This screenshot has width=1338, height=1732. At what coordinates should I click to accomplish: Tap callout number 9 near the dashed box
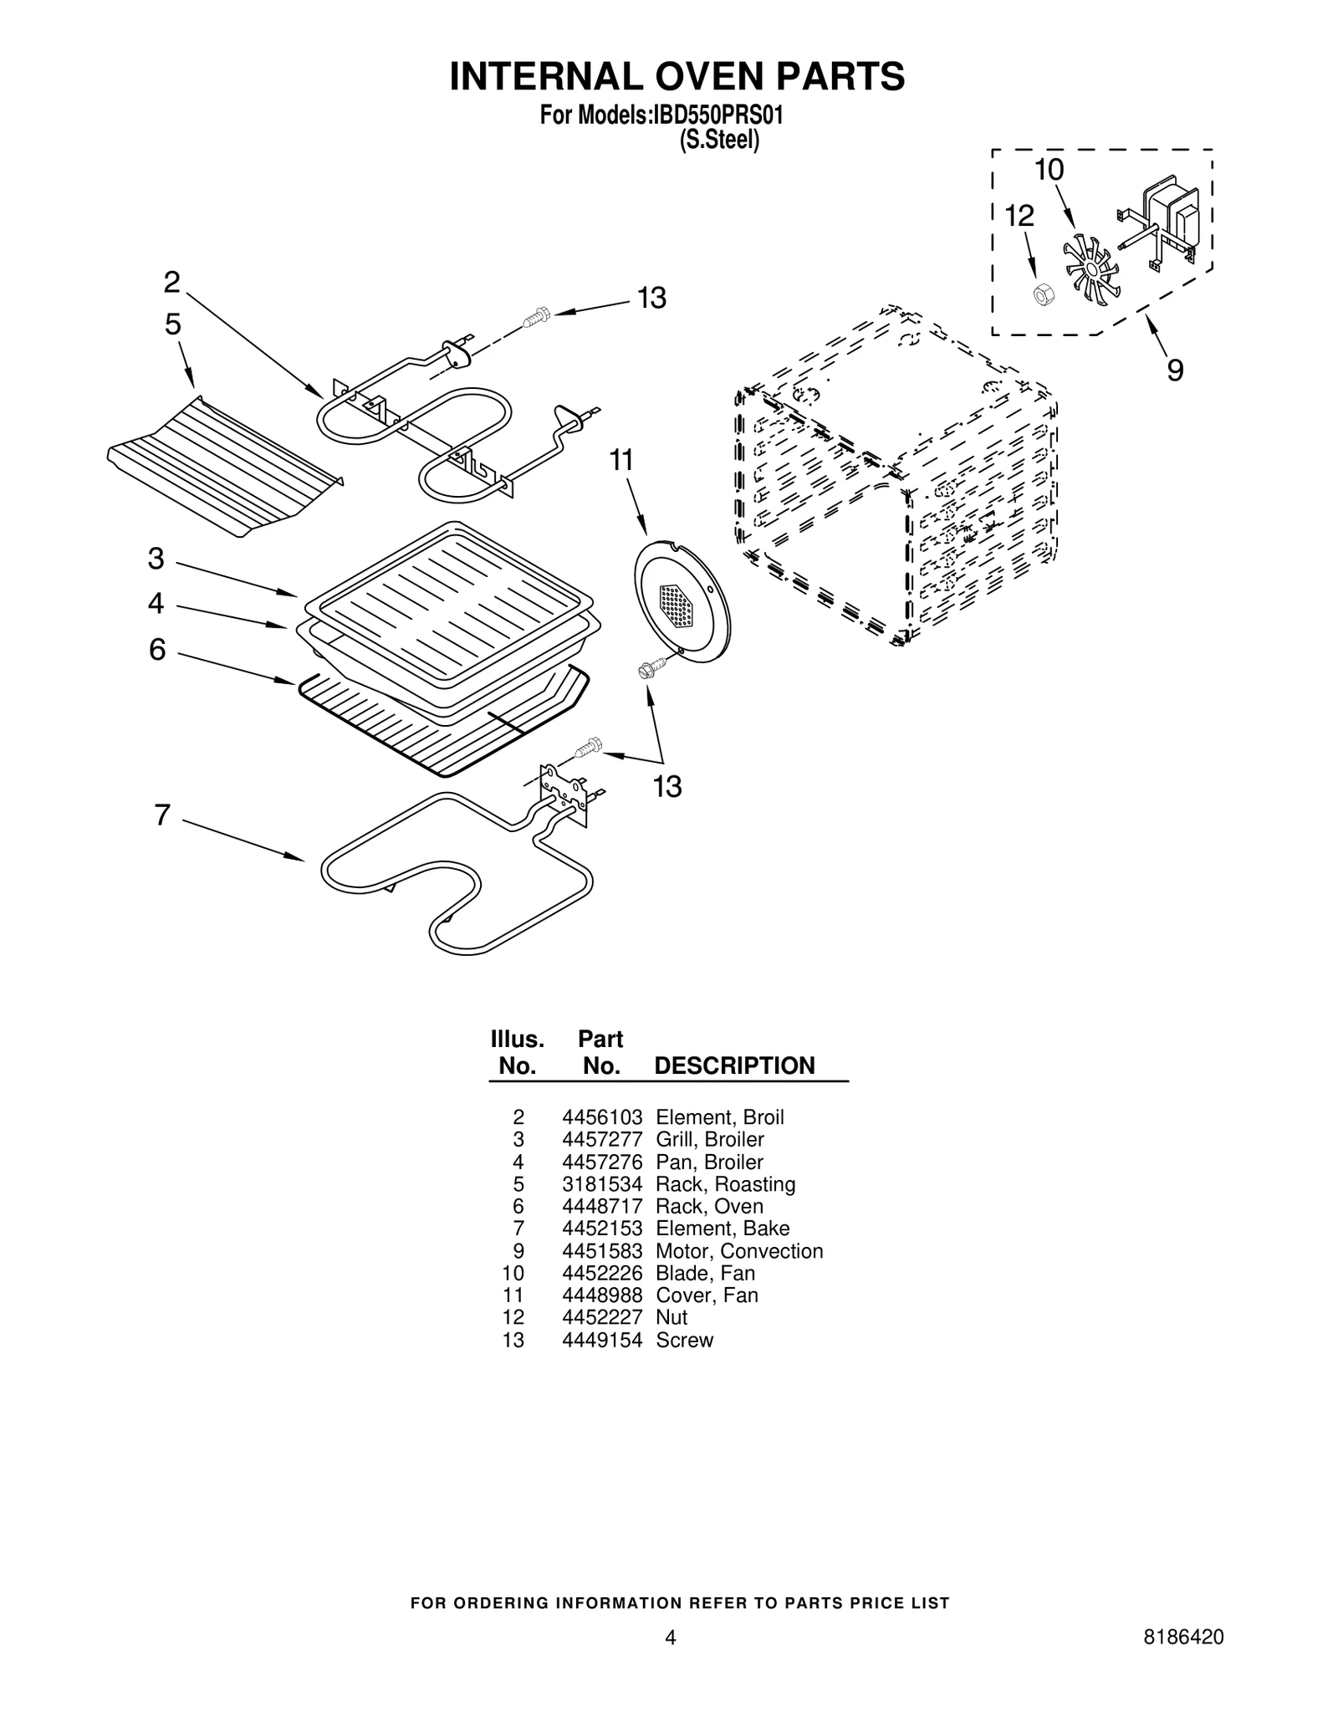click(1175, 370)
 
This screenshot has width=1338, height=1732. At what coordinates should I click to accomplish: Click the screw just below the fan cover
click(651, 667)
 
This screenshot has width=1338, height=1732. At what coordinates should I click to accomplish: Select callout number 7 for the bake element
click(162, 815)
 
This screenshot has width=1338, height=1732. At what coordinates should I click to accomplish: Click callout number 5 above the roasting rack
click(172, 324)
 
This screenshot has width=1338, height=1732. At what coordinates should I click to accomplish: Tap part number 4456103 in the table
click(601, 1117)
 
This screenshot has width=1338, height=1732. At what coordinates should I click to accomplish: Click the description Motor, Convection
click(738, 1251)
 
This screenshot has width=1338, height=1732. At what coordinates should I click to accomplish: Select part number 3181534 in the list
click(601, 1184)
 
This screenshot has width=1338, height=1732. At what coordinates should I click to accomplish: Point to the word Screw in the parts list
click(684, 1340)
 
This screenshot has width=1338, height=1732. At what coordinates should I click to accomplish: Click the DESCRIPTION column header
click(733, 1065)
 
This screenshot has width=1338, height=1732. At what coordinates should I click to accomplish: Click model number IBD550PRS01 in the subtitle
click(718, 115)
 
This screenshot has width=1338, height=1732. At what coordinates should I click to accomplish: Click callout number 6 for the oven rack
click(157, 649)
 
